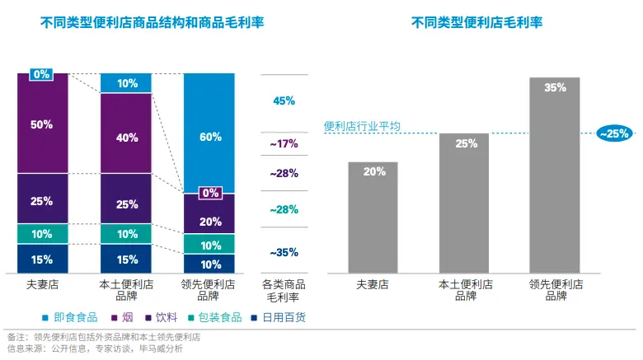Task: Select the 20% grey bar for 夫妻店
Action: [x=373, y=216]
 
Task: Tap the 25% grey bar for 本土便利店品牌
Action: [x=464, y=202]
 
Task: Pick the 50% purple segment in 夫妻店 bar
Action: [x=43, y=124]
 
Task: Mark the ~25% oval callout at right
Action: [x=614, y=133]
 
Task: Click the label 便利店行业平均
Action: [x=362, y=126]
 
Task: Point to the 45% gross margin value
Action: [x=284, y=101]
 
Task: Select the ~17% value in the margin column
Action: [x=284, y=144]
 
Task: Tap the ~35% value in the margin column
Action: [x=284, y=252]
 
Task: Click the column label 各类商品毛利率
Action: [x=284, y=289]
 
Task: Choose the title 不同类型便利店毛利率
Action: [x=476, y=22]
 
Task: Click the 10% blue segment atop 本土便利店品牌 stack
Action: [x=126, y=83]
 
